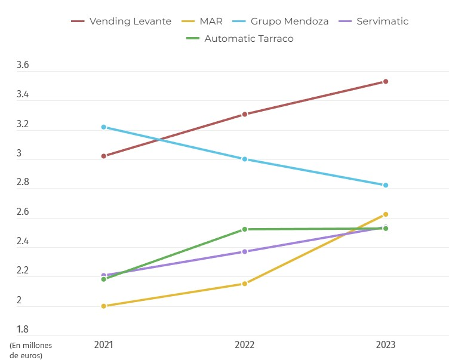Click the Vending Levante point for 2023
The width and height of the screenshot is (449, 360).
pos(386,81)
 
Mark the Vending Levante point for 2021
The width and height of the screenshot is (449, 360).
pos(103,156)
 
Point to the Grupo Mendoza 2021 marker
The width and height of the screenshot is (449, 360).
pos(103,127)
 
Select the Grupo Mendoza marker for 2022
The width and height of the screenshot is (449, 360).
pos(245,159)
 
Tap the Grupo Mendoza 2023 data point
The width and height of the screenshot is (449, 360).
pos(386,185)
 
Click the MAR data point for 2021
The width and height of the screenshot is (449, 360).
pos(103,306)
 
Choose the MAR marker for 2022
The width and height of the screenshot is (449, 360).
pos(245,284)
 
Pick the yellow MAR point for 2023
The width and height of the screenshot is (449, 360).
pos(386,214)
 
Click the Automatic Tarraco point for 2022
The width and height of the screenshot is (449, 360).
pos(245,229)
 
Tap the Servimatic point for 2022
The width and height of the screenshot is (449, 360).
pos(245,251)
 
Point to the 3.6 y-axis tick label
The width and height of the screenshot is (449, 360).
pos(23,66)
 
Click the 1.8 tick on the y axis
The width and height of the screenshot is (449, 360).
pos(23,330)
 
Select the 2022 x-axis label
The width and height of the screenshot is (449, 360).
pos(245,345)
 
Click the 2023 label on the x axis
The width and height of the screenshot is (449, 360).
pos(386,345)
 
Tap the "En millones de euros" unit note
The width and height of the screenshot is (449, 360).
pos(30,350)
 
